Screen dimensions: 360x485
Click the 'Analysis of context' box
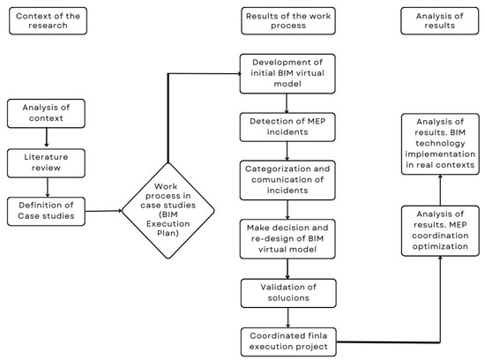[46, 114]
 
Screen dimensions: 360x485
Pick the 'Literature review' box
[46, 161]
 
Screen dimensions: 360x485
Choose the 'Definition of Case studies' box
[46, 211]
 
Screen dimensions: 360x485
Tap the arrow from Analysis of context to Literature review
[46, 138]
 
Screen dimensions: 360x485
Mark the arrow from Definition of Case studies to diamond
[111, 212]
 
